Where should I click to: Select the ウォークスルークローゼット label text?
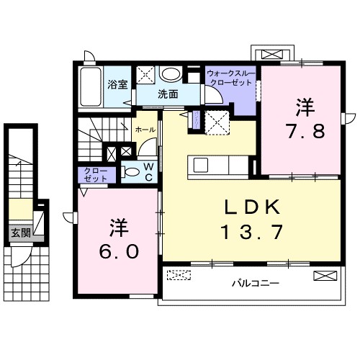click(230, 78)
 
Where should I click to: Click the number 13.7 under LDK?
click(251, 233)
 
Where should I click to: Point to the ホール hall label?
click(144, 129)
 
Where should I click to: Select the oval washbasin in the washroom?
click(171, 74)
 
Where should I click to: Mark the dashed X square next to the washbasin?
click(146, 73)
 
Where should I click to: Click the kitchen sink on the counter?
click(201, 165)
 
